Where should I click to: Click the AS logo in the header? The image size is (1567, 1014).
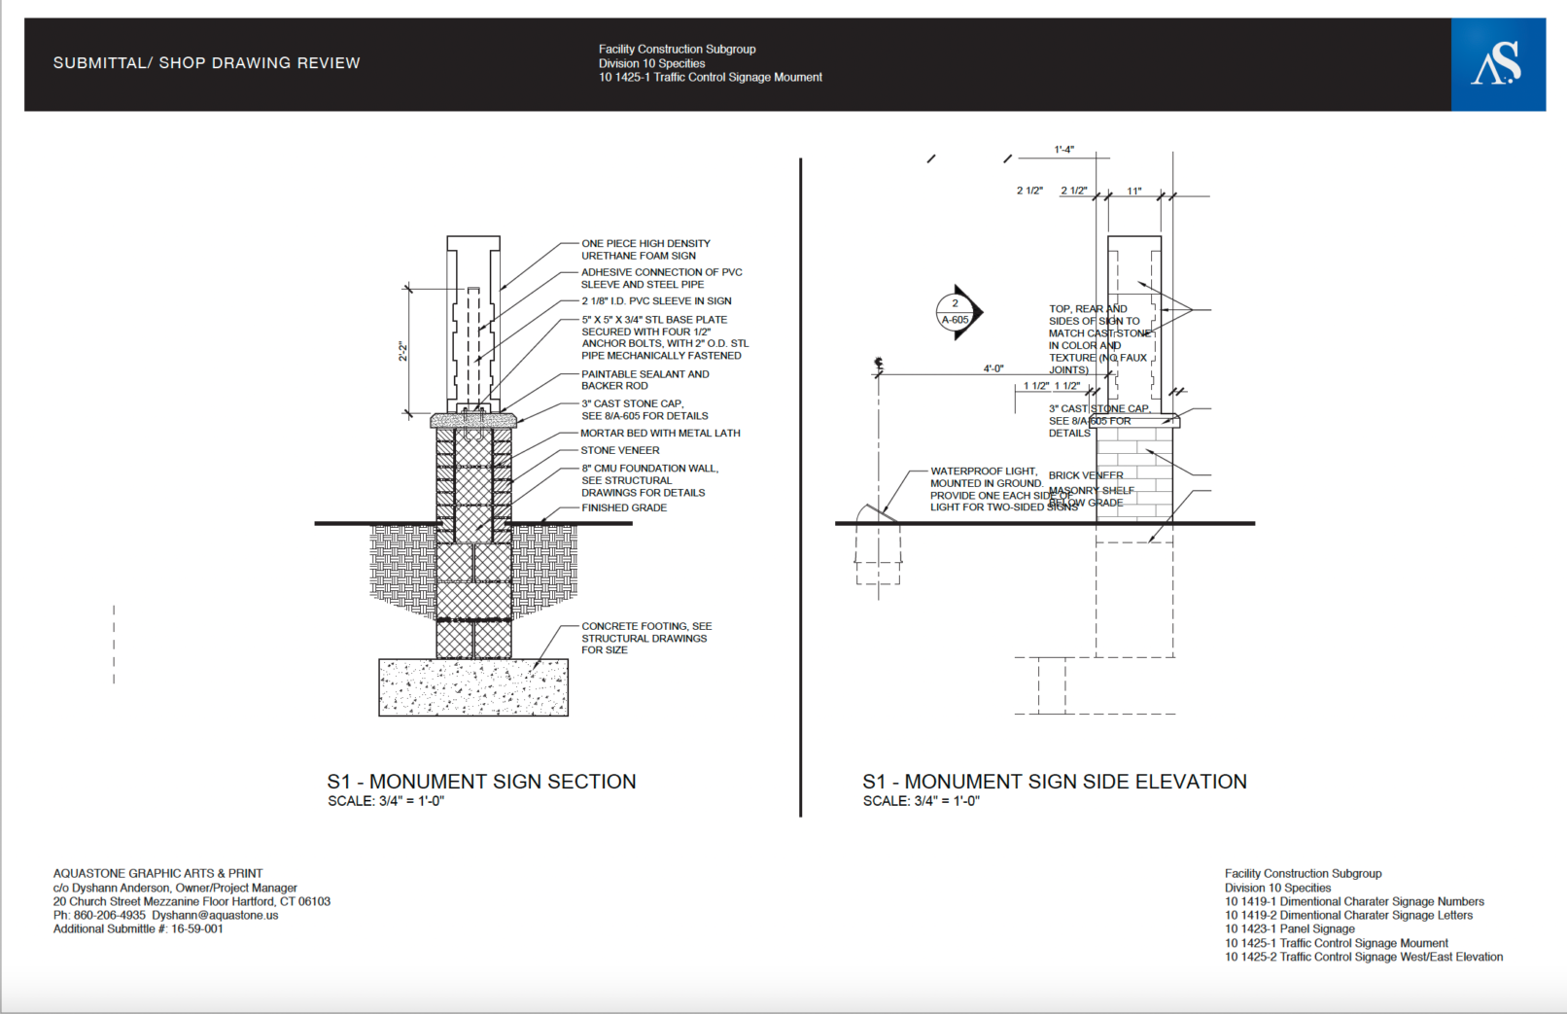1497,64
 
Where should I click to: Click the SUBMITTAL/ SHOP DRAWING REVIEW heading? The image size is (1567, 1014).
206,63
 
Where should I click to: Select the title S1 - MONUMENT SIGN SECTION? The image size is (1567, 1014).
481,782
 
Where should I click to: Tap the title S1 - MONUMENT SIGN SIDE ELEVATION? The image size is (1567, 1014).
1054,782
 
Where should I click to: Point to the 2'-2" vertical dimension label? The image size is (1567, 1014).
402,352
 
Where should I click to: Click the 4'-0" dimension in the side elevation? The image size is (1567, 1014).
992,369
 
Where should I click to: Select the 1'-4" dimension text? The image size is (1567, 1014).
1063,150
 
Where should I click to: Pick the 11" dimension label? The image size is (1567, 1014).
1133,192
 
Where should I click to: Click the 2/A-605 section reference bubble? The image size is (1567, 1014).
956,312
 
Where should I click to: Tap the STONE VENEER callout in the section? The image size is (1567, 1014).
619,451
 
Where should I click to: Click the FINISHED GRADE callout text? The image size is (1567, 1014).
624,508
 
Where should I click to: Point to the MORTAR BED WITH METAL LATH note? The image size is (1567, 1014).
660,434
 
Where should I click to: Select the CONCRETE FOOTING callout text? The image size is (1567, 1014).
645,639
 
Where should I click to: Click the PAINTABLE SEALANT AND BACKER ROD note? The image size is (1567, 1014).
644,380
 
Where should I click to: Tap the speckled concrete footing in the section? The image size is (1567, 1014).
473,687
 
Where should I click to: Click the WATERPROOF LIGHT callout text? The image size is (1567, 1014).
985,489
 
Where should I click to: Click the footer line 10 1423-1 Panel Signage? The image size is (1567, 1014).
1289,929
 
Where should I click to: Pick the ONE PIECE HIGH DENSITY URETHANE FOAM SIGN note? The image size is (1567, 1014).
645,250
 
